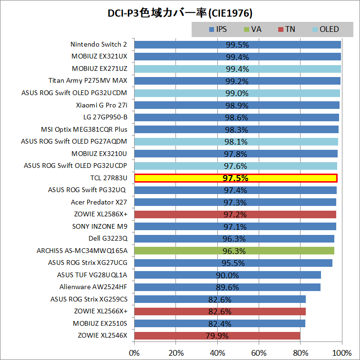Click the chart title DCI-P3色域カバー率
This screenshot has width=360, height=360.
tap(180, 11)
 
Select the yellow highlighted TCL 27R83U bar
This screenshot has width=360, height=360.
tap(236, 178)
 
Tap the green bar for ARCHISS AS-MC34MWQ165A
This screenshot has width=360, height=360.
tap(234, 251)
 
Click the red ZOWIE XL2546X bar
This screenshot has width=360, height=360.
tap(217, 335)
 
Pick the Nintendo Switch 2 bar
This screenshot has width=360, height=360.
tap(238, 45)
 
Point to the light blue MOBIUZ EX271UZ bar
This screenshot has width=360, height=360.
tap(238, 69)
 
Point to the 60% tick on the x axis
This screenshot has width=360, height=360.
tap(259, 353)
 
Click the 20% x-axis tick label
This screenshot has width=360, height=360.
tap(175, 353)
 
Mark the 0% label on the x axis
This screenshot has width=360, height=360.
tap(135, 353)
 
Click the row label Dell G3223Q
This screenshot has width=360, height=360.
tap(108, 238)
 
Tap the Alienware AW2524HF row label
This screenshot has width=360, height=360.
tap(93, 287)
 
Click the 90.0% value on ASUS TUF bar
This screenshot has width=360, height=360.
tap(227, 275)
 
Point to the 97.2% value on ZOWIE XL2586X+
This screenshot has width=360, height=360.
tap(235, 214)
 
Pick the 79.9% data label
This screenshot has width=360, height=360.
tap(217, 335)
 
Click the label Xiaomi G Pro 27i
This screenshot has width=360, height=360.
tap(101, 105)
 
